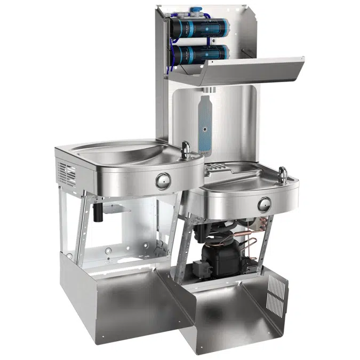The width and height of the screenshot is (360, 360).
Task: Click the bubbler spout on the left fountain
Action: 186,148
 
